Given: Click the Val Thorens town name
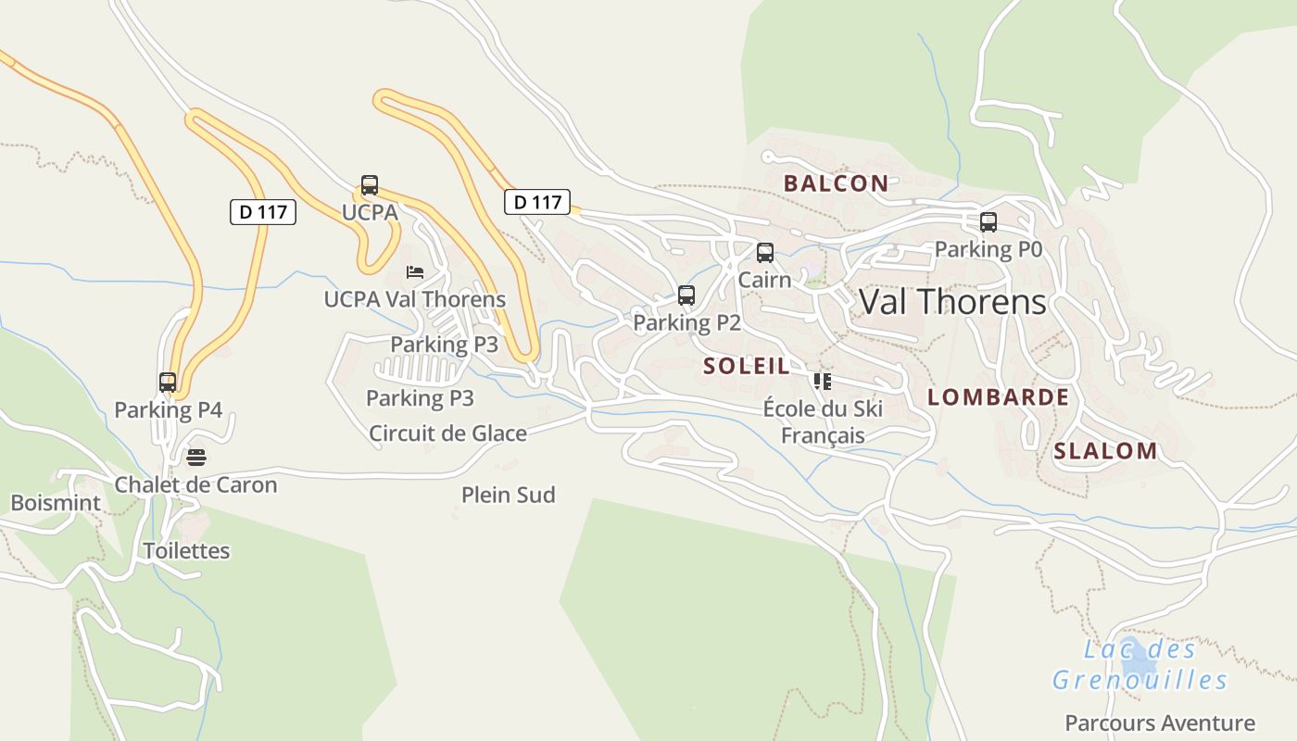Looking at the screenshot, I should click(952, 302).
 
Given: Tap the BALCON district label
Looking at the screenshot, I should click(836, 183).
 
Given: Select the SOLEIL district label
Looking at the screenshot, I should click(747, 366).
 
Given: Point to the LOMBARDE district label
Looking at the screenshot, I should click(998, 397).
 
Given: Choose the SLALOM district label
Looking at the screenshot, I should click(1105, 451).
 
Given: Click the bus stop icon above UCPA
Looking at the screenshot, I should click(370, 185).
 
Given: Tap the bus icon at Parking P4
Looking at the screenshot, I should click(168, 382).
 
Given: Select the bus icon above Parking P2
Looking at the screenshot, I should click(686, 295).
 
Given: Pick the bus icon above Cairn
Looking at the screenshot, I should click(765, 253).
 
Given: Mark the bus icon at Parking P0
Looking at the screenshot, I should click(988, 222).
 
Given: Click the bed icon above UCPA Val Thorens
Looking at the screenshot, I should click(415, 272).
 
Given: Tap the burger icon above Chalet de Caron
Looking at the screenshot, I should click(195, 457).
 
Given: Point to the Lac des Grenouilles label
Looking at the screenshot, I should click(1140, 665).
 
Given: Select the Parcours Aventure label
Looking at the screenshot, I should click(1160, 722).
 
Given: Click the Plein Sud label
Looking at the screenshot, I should click(509, 495).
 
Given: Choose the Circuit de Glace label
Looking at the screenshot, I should click(447, 433).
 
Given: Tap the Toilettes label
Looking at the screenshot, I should click(186, 550).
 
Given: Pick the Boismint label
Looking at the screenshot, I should click(56, 503).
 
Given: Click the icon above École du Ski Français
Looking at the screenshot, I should click(822, 381).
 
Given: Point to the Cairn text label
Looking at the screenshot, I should click(765, 280).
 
